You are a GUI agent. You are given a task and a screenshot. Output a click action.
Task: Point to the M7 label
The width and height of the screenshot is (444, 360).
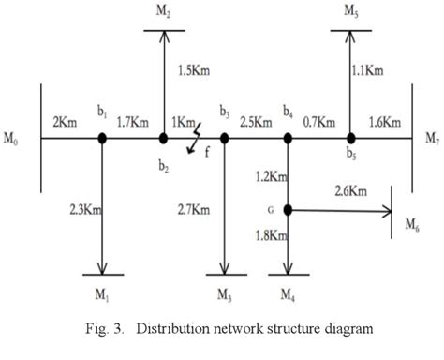tap(430, 141)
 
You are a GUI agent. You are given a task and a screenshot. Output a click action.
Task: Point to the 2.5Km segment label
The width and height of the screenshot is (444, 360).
tap(256, 121)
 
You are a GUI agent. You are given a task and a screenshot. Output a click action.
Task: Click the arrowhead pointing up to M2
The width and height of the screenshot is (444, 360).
tap(163, 37)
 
